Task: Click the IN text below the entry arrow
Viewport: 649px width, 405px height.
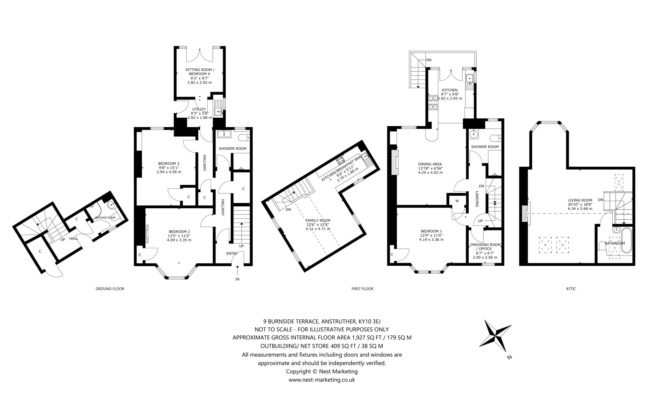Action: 237,279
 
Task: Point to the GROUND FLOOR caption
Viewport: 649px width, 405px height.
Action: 110,289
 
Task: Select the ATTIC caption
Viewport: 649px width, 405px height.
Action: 571,289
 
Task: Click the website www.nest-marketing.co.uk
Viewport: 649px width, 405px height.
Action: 322,380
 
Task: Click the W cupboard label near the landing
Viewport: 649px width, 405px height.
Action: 457,201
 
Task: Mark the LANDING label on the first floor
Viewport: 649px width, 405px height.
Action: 477,199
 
